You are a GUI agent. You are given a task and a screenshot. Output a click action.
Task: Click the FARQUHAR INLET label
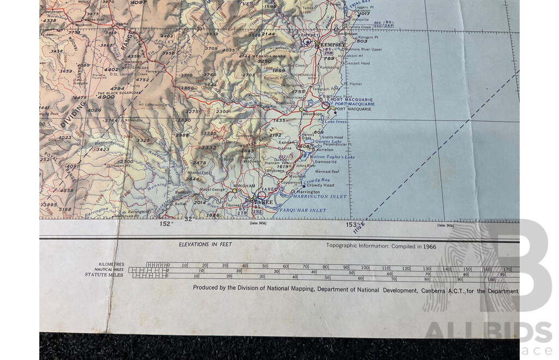[304, 210]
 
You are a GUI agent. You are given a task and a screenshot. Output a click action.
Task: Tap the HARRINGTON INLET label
[321, 196]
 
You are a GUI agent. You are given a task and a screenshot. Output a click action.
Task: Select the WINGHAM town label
[244, 186]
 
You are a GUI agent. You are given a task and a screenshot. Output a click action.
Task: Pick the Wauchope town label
[313, 114]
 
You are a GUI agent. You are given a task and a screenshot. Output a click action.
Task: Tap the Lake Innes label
[336, 122]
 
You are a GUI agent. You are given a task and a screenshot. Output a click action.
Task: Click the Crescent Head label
[357, 63]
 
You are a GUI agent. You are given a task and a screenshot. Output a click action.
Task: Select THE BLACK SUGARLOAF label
[119, 93]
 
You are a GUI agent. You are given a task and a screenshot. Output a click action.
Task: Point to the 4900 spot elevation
[106, 97]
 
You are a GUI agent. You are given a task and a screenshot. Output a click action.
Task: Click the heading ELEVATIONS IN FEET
[205, 244]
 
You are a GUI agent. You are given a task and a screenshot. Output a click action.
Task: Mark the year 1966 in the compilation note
[429, 247]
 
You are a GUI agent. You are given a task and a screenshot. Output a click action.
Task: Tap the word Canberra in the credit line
[436, 291]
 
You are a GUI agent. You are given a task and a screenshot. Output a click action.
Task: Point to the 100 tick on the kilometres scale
[364, 268]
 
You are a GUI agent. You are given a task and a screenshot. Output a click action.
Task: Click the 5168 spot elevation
[65, 209]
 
